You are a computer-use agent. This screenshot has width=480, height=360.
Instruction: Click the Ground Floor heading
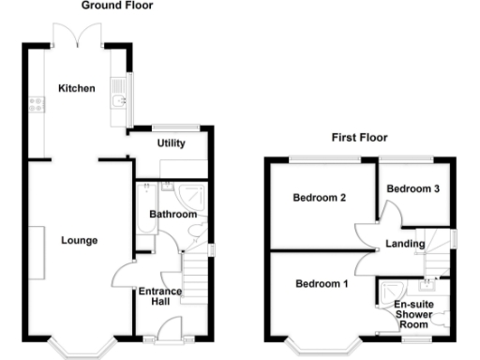(x=116, y=6)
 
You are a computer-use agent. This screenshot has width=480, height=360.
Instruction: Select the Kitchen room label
(x=77, y=89)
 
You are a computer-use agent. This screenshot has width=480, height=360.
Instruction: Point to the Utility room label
(x=171, y=143)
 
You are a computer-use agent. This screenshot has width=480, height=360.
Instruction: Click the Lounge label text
(x=79, y=240)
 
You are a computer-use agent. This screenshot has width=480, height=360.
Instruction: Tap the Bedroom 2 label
(x=320, y=198)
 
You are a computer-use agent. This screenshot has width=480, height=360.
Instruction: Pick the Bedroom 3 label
(x=413, y=188)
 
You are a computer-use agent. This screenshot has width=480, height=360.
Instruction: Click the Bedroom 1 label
(x=321, y=284)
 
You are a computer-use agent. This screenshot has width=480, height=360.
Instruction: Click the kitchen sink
(x=118, y=97)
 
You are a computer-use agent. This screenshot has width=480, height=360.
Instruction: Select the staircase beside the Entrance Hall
(x=193, y=276)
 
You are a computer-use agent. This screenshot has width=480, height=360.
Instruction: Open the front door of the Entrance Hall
(x=170, y=329)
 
